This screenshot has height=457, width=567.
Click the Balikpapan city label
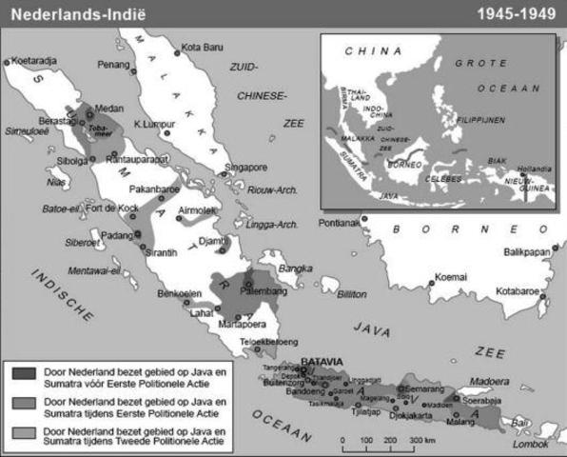(x=528, y=252)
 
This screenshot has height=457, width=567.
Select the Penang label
(x=112, y=66)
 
